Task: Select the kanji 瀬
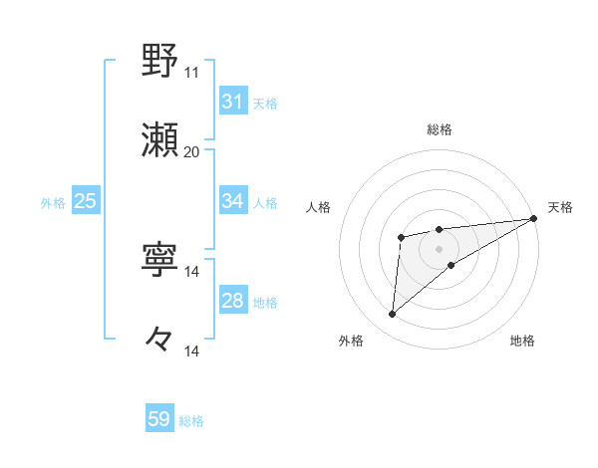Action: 160,139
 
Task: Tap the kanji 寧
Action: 160,260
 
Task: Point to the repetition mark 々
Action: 160,340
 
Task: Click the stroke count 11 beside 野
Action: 191,72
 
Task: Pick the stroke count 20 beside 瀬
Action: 191,151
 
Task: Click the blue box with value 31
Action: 233,102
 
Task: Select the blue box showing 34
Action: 233,201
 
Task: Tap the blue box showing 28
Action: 233,301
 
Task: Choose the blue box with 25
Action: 85,201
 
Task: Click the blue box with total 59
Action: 159,419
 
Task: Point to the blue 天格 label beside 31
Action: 265,103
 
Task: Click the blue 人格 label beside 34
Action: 265,202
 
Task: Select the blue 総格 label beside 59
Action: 191,421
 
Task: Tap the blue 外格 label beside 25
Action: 53,202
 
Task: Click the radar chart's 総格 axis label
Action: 439,129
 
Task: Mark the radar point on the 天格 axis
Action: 535,218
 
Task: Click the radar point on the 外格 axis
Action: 393,315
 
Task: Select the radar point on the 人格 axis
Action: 402,237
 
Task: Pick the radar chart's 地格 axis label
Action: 522,341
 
